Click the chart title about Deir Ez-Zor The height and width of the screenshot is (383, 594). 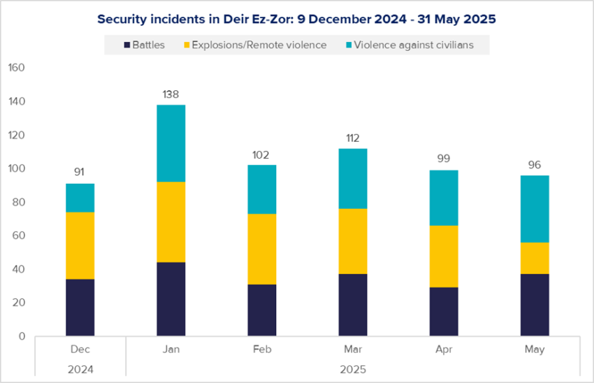[296, 20]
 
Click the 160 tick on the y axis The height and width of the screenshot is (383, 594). [16, 68]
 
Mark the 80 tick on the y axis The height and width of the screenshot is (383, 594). [18, 202]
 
